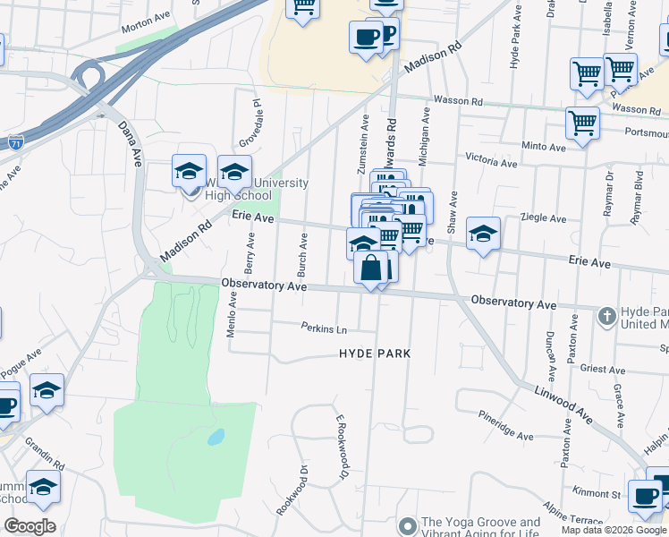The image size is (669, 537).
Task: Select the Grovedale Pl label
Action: [x=250, y=124]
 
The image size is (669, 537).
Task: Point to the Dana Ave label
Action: [x=131, y=144]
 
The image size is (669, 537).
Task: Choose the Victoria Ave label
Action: [x=491, y=164]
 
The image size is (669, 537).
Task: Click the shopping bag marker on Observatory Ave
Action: [x=370, y=266]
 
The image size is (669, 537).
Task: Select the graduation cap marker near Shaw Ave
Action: [x=483, y=234]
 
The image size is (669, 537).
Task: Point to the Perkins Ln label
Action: [x=324, y=328]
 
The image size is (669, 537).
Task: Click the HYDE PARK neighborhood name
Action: [x=375, y=354]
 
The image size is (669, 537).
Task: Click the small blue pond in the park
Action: [x=216, y=439]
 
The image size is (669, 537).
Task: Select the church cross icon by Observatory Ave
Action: [x=606, y=316]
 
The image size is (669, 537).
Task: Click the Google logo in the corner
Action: [x=30, y=526]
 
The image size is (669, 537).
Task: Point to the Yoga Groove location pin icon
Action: [x=408, y=524]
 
